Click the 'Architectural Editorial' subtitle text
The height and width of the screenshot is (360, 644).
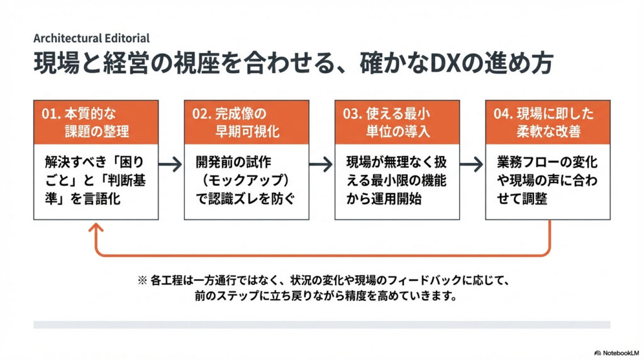91,38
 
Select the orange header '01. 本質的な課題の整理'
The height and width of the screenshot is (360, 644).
95,123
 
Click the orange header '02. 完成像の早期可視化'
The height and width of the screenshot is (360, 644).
247,123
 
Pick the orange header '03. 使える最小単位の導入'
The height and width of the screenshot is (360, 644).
397,123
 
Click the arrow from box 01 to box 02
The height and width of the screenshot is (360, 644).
170,165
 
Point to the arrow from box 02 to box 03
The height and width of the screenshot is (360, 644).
321,165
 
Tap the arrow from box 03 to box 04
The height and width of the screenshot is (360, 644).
472,165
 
